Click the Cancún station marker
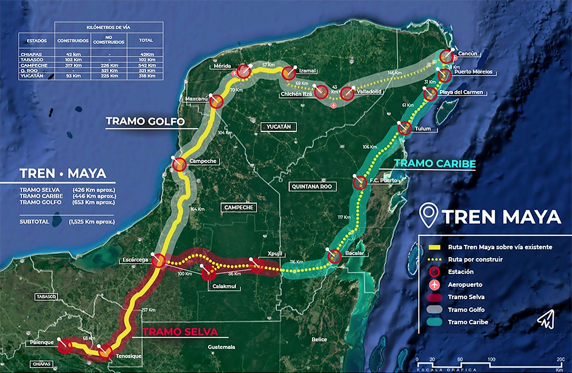[x=446, y=57]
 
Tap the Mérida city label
[x=223, y=66]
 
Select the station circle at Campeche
[x=179, y=164]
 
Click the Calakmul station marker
[x=208, y=273]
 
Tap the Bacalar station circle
[x=334, y=256]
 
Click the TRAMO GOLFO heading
[x=145, y=121]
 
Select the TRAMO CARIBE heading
[x=435, y=164]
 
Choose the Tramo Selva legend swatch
[x=434, y=297]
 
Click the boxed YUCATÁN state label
[x=279, y=127]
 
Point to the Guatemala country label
[x=222, y=347]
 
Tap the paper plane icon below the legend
[x=544, y=321]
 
